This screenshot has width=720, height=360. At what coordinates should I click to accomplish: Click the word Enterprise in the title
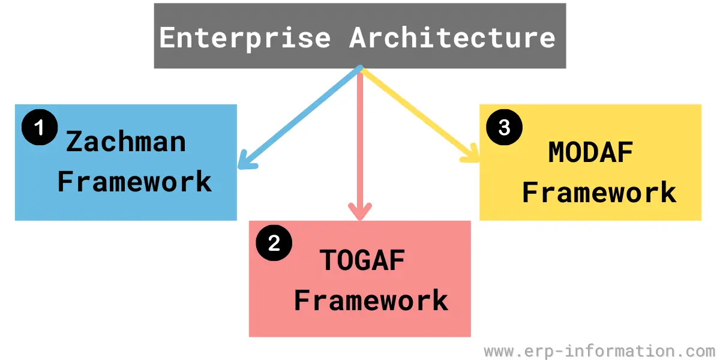coord(245,38)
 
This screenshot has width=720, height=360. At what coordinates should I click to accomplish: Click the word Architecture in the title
coord(452,38)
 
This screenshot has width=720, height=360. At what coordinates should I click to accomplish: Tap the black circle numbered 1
coord(40,127)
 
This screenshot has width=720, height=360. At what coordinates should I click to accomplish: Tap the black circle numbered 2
coord(274,242)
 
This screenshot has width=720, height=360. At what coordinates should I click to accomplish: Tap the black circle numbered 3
coord(505,127)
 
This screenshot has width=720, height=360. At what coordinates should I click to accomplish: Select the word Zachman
coord(126,142)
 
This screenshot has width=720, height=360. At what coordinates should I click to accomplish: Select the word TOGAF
coord(362,260)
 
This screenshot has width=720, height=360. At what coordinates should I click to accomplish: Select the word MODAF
coord(591,152)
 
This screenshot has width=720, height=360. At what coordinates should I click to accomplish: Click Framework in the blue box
coord(134,181)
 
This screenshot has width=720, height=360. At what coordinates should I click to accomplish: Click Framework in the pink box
coord(371,300)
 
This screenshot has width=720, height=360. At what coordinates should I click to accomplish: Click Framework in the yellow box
coord(599,192)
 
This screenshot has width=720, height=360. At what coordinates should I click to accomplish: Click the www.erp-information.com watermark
coord(599,351)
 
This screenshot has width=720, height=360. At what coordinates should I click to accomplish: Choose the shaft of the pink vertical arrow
coord(360,143)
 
